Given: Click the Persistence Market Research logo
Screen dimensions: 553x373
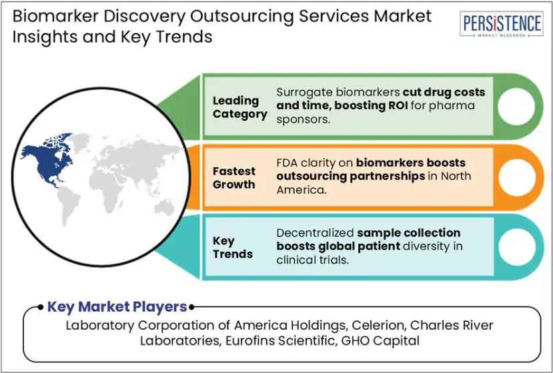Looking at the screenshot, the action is [x=501, y=24].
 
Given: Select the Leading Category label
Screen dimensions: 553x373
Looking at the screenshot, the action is [x=240, y=107].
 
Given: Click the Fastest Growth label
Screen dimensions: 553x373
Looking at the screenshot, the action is [x=234, y=178].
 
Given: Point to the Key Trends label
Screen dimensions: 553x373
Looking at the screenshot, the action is [x=233, y=247].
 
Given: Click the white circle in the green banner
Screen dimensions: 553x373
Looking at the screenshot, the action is [x=516, y=107].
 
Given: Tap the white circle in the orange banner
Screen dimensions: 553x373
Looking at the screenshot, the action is [x=517, y=177].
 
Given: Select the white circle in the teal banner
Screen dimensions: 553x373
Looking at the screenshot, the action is [x=517, y=247].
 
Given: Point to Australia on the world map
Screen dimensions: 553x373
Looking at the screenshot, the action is [x=165, y=207].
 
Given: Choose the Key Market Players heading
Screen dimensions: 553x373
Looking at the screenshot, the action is [x=117, y=307].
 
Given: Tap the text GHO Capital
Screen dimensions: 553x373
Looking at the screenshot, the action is [x=380, y=340].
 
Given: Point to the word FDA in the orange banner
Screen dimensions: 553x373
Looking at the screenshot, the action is [x=287, y=163].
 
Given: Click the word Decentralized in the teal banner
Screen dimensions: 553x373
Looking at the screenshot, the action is [x=315, y=233].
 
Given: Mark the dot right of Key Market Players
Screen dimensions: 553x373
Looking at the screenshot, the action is [x=191, y=307].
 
